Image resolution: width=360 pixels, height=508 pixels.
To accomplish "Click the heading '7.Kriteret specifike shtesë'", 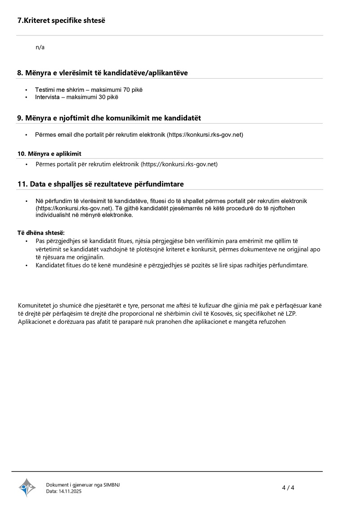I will coord(61,21).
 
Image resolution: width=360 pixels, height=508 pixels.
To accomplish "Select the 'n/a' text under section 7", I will coord(40,47).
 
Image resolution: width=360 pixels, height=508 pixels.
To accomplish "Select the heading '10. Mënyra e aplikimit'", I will coord(49,154).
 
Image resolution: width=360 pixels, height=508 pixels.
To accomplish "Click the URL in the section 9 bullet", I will coord(205,135).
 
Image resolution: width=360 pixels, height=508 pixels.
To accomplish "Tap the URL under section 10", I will coord(179,164).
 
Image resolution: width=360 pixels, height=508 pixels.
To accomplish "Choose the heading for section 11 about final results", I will coord(100,184).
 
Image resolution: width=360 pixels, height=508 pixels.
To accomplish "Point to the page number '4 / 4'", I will coord(288,488).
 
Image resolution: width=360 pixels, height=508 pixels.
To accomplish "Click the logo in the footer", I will coord(27,487).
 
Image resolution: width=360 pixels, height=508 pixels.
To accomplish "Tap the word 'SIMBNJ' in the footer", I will coord(112,485).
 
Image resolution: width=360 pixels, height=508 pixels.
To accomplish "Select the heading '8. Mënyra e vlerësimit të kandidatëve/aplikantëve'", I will coord(103,73).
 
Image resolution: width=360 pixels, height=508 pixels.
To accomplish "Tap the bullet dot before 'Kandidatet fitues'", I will coord(26,265).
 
